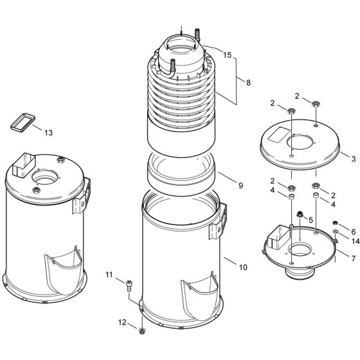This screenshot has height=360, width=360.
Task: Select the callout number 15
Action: [x=227, y=55]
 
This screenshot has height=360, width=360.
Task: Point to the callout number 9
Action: [x=240, y=185]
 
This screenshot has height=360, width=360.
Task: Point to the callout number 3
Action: [x=354, y=157]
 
